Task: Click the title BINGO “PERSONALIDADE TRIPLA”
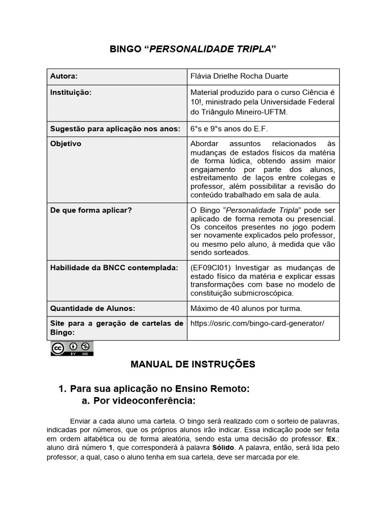[x=193, y=49]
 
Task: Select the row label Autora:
[x=64, y=76]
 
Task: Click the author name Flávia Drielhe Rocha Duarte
[x=239, y=76]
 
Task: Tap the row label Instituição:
[x=71, y=93]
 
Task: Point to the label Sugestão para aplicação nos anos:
[x=115, y=129]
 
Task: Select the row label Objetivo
[x=66, y=144]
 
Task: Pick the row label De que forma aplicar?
[x=91, y=210]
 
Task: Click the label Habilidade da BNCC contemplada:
[x=114, y=268]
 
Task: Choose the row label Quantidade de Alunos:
[x=93, y=308]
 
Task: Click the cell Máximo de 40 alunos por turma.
[x=246, y=308]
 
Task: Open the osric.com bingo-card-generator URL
[x=257, y=323]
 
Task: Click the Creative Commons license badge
[x=72, y=349]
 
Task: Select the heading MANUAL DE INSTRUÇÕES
[x=193, y=364]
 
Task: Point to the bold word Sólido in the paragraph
[x=223, y=447]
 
